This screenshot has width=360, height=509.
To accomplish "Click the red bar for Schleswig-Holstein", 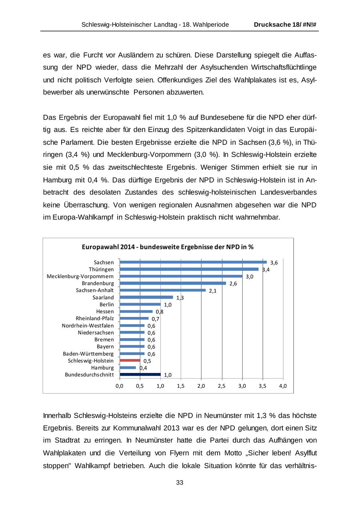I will click(130, 361).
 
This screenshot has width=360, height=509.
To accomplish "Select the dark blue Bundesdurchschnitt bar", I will click(140, 375).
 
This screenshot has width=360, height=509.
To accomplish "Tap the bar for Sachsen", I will click(193, 262).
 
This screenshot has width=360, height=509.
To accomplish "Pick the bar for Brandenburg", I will click(173, 283).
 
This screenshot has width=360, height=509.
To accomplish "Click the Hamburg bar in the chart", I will click(128, 367).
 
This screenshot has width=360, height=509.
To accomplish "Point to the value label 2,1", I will click(212, 291).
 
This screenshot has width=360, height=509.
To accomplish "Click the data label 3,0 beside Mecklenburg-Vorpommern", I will click(249, 277).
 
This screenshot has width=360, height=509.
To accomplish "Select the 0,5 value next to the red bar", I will click(147, 361).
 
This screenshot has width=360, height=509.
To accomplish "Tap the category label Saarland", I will click(103, 298).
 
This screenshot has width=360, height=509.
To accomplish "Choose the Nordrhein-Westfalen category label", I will click(88, 326).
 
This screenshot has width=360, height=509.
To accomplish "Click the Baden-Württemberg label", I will click(88, 354).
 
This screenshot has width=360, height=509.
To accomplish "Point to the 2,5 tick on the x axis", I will click(222, 386).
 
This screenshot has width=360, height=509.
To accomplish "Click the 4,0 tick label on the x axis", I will click(283, 386).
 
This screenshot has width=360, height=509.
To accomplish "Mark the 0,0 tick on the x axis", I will click(120, 386).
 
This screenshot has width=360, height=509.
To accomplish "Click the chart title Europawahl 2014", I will click(168, 247).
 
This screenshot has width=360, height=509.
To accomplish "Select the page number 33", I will click(180, 483).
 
